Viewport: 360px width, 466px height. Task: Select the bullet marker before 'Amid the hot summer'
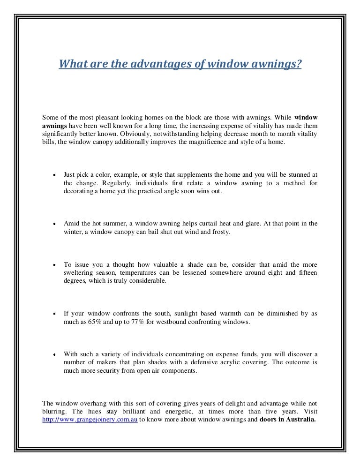[x=54, y=224]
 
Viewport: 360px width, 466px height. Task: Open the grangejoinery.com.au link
[x=90, y=419]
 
